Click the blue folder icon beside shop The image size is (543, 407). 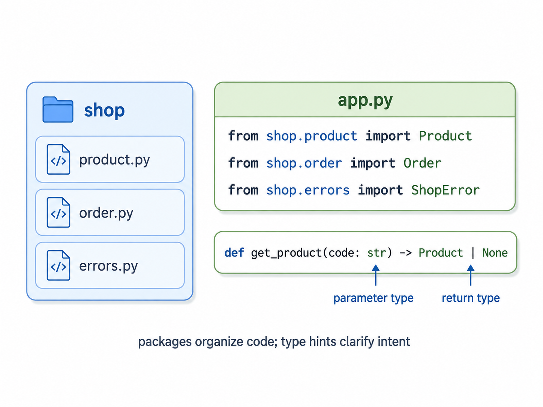(58, 109)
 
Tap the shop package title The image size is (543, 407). (104, 110)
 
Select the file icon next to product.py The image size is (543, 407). (58, 159)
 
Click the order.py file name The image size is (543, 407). (106, 213)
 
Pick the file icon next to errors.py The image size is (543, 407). (58, 265)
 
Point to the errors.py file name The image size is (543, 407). (108, 266)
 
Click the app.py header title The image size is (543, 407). (365, 101)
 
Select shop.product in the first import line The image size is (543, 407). (312, 136)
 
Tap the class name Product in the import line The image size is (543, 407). (445, 136)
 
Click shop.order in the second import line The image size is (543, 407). (304, 163)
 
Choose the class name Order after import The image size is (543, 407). (422, 163)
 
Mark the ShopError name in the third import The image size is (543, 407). (445, 190)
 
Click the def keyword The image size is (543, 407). (234, 253)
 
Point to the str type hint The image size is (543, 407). (376, 253)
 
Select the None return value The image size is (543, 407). (495, 253)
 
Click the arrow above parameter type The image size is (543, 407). (375, 275)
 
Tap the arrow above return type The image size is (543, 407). (471, 275)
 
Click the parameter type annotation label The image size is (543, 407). (373, 298)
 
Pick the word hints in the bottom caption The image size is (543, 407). (322, 342)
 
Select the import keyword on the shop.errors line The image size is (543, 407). (380, 190)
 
